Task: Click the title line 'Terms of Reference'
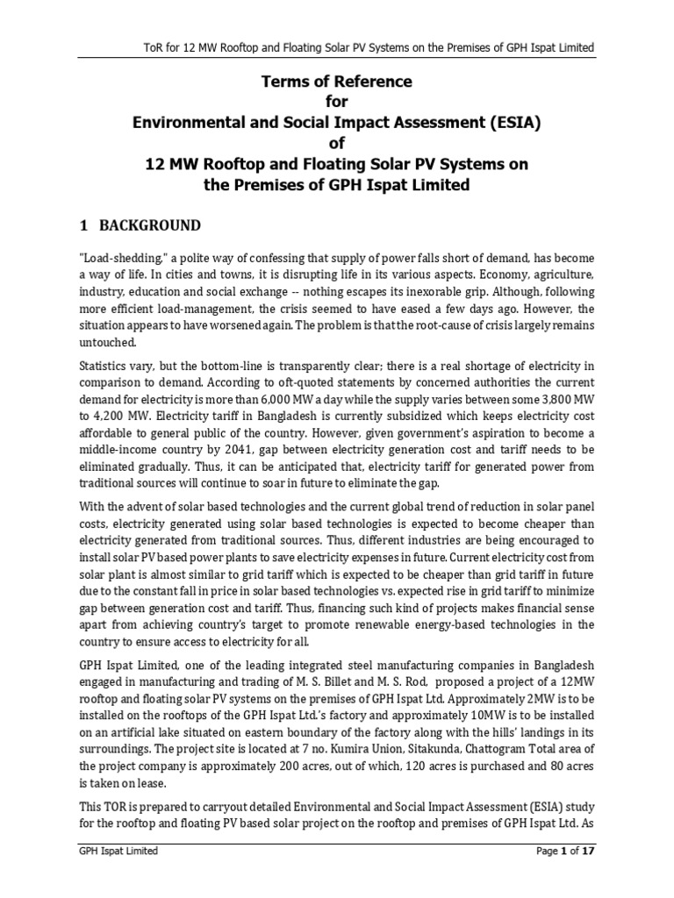(337, 82)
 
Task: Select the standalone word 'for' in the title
(337, 102)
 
